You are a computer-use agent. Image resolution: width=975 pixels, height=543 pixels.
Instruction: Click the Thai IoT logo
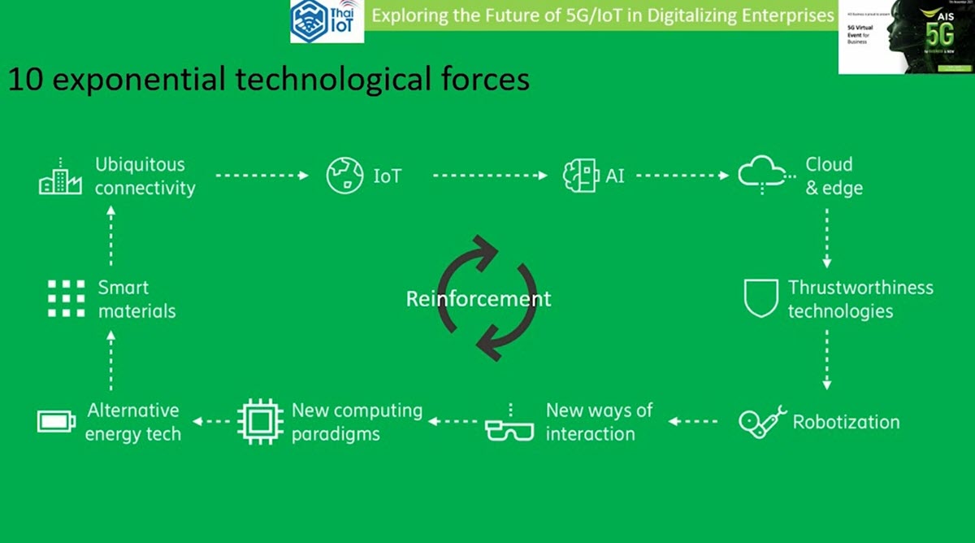(327, 22)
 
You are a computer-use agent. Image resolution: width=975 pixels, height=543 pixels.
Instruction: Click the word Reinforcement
(479, 298)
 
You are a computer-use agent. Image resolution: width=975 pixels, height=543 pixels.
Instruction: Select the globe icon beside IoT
(344, 176)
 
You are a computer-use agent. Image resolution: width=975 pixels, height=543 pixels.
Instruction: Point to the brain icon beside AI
(580, 176)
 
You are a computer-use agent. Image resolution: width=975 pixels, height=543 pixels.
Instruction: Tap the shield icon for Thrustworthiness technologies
(760, 298)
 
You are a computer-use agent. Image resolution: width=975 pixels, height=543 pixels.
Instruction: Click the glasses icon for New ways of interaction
(509, 426)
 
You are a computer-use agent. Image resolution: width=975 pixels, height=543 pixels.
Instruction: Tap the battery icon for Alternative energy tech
(56, 421)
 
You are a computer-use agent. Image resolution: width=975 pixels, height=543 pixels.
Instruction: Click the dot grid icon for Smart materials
(66, 298)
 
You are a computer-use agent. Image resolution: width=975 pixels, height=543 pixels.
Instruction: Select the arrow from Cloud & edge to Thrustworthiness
(826, 237)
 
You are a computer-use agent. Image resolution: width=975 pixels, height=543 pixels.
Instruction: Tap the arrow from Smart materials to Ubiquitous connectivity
(111, 236)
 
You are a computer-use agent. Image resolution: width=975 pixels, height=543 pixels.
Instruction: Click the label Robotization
(846, 422)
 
